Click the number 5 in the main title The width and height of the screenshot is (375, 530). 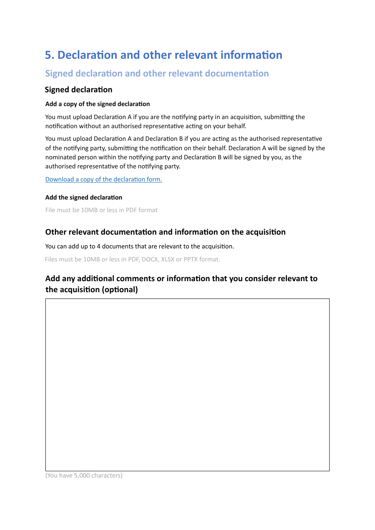[48, 55]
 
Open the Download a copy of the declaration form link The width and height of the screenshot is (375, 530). [103, 179]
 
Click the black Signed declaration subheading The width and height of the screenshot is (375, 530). [79, 90]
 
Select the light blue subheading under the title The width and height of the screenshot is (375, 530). [157, 74]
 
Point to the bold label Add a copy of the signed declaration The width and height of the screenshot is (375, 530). [97, 104]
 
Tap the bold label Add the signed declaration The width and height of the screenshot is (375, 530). [84, 198]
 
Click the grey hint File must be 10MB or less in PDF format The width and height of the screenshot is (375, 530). [101, 210]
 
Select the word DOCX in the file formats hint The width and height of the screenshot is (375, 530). [150, 259]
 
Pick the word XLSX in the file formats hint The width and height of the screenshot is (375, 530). [167, 259]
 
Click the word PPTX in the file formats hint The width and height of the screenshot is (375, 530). [191, 259]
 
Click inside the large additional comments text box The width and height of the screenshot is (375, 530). [187, 384]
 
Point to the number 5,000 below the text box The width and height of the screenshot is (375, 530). [82, 476]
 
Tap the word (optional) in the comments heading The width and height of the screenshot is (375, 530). [120, 290]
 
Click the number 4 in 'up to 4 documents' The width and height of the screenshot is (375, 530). [99, 246]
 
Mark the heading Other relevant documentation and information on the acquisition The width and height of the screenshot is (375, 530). [165, 232]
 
